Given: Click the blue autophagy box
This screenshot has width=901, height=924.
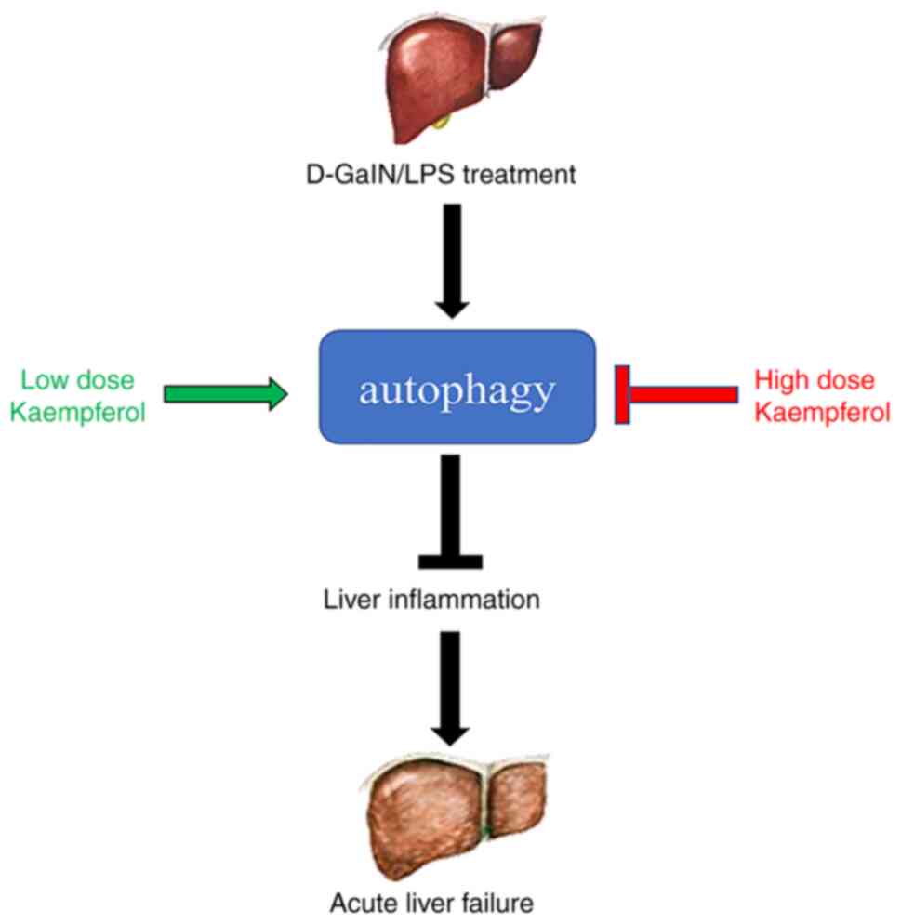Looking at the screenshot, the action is (457, 387).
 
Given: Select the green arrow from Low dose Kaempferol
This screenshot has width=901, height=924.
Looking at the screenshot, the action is (226, 393).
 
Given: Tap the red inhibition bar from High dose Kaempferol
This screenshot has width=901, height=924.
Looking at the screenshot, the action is (676, 393).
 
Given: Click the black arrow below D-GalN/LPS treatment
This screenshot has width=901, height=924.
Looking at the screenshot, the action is (452, 261).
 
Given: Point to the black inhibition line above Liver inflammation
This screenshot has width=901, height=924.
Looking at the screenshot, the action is (451, 511).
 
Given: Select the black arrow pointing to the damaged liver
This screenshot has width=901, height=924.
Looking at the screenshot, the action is (451, 688).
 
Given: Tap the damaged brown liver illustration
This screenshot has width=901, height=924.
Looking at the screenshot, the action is (455, 816).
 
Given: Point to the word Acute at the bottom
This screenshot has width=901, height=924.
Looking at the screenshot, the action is (360, 903).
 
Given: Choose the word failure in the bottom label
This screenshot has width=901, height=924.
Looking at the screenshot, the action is (497, 903).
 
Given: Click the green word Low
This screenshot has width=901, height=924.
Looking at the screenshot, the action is (44, 380).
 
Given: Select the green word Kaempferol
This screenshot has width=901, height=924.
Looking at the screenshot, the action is (78, 413).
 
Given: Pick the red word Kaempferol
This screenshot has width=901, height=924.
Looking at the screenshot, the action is (823, 413).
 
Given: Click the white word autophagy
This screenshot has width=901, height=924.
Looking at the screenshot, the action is (457, 391).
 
